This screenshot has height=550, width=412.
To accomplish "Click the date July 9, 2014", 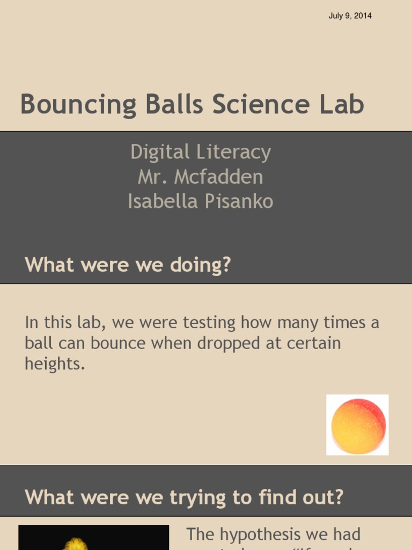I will coord(350,16).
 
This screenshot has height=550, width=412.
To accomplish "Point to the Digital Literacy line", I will coord(200,153).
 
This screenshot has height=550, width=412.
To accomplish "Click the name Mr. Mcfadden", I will coord(200,177).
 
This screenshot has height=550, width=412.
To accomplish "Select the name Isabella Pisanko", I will coord(200,201).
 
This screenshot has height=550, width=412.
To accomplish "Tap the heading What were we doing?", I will coord(128,264).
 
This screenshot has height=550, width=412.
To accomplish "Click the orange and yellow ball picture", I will coord(358,425).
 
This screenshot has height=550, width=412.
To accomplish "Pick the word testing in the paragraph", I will coord(209,323).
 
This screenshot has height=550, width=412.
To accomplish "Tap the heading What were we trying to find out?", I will coord(184,497).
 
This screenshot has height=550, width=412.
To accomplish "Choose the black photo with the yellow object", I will coord(93,538).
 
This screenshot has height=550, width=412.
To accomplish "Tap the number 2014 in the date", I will coord(362,16).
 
